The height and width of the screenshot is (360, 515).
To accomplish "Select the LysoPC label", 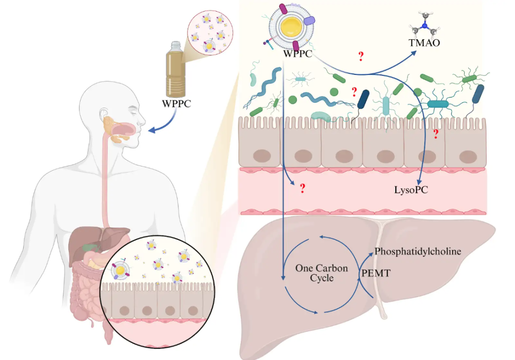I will pos(411,190).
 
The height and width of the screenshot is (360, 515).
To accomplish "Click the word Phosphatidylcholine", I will pos(418,251).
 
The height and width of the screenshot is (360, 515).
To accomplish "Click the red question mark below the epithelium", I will pos(303,189).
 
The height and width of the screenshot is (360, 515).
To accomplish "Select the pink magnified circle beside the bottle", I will pos(207,33).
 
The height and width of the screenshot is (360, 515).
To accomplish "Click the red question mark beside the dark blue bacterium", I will pos(354,92).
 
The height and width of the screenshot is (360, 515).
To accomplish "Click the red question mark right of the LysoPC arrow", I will pos(436,134).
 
